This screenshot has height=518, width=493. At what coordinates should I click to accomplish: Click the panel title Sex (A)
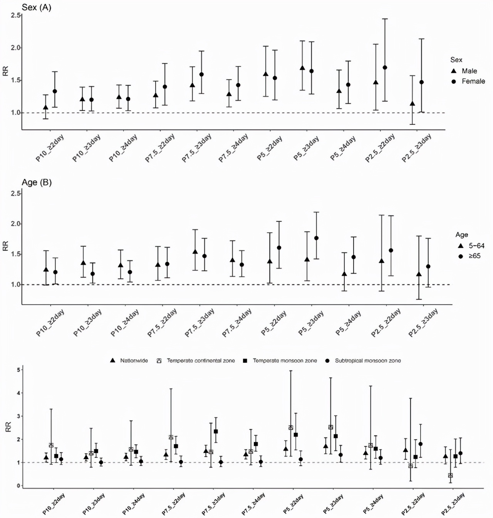click(37, 7)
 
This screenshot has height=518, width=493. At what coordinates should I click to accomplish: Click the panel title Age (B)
click(37, 182)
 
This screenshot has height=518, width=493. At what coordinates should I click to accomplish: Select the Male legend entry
click(469, 71)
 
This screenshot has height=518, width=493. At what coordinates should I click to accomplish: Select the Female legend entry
click(473, 81)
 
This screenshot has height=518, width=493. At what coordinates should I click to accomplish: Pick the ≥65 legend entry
click(474, 256)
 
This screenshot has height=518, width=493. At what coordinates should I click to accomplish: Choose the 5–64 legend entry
click(476, 246)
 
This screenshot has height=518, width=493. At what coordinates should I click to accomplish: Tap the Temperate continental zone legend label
click(200, 361)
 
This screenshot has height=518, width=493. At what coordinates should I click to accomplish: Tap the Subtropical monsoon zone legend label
click(367, 361)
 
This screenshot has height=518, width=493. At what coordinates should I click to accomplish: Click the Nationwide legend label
click(134, 361)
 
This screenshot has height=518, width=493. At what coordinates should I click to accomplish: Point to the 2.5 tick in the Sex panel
click(16, 15)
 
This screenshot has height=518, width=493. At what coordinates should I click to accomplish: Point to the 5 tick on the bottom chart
click(18, 370)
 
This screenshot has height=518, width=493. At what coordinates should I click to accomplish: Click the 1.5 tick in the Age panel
click(16, 254)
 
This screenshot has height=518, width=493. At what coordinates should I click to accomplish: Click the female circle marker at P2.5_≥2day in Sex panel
click(385, 67)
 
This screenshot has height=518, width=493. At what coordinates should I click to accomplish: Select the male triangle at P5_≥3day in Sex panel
click(302, 68)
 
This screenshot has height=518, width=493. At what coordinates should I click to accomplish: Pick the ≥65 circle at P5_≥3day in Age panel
click(317, 238)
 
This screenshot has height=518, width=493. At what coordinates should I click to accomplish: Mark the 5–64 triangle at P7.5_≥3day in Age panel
click(195, 252)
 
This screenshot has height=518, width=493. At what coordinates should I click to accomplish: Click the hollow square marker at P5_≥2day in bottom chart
click(291, 427)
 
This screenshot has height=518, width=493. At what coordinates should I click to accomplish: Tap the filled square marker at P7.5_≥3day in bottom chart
click(216, 431)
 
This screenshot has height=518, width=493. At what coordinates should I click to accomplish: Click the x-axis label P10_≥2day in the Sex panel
click(50, 148)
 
